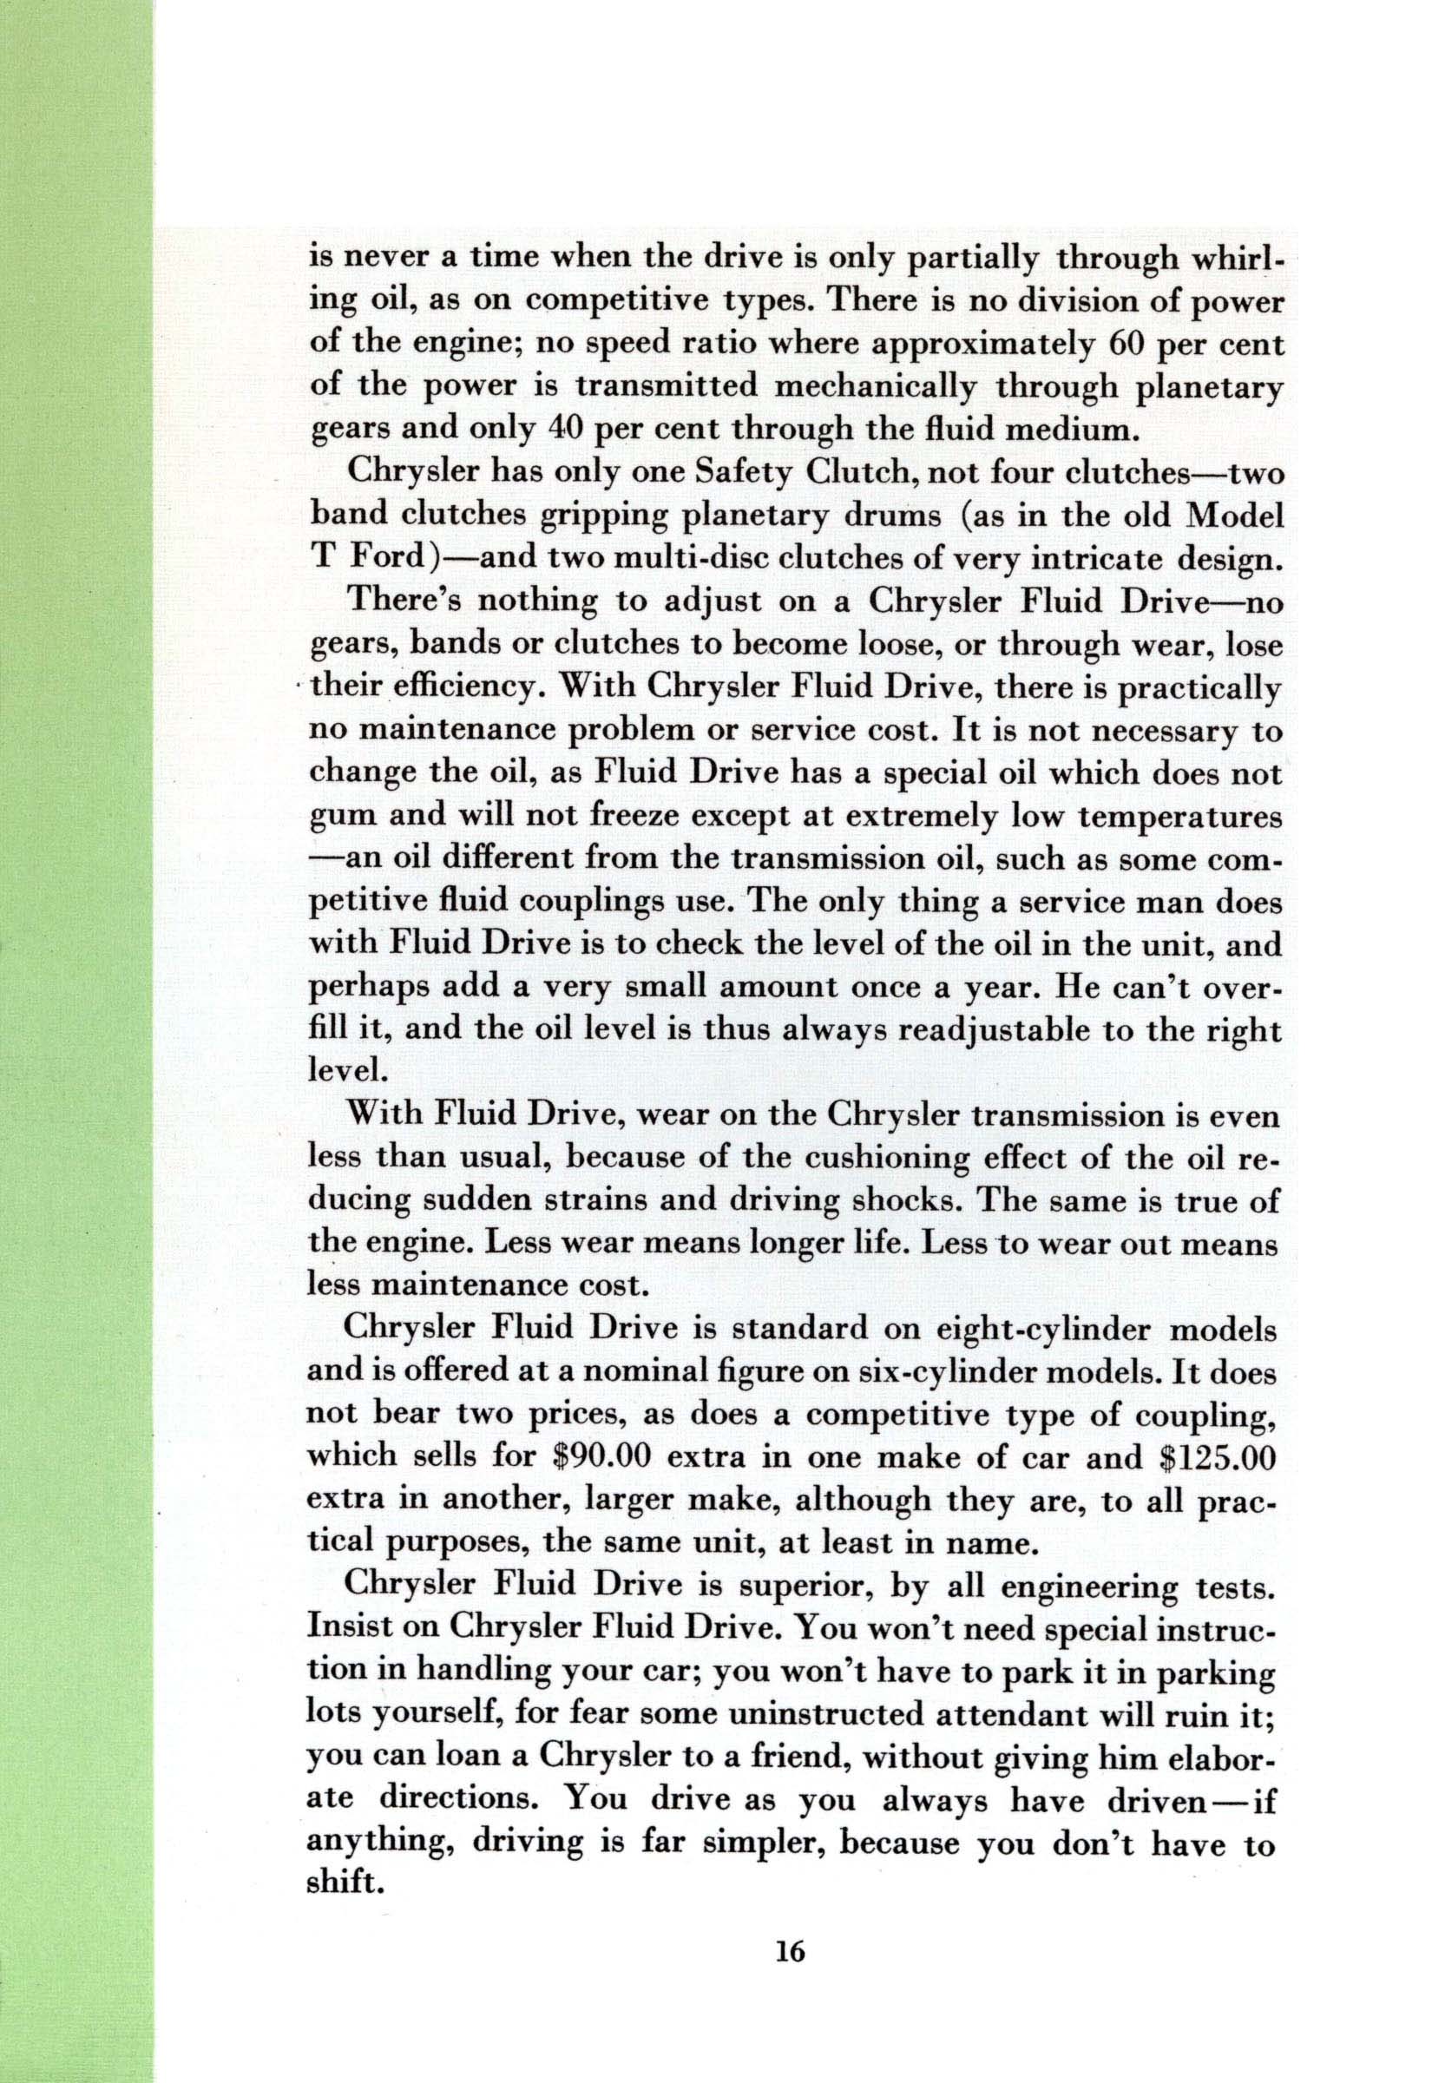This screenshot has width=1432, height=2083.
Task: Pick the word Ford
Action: (x=377, y=560)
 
